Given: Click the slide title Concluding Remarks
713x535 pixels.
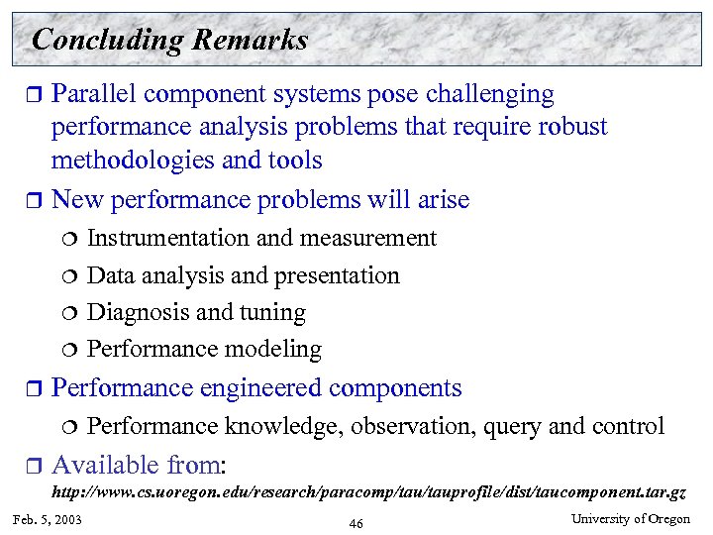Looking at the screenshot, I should pyautogui.click(x=169, y=41).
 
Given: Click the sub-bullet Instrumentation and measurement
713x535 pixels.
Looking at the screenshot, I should pyautogui.click(x=261, y=238).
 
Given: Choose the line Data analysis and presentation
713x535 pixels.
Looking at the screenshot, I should pyautogui.click(x=244, y=275).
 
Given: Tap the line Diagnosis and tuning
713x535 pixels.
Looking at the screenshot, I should pyautogui.click(x=196, y=312).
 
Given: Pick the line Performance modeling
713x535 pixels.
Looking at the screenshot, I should pyautogui.click(x=204, y=349).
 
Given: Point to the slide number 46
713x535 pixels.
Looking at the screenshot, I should pyautogui.click(x=356, y=523).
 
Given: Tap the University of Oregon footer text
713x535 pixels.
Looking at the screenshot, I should pyautogui.click(x=631, y=520).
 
